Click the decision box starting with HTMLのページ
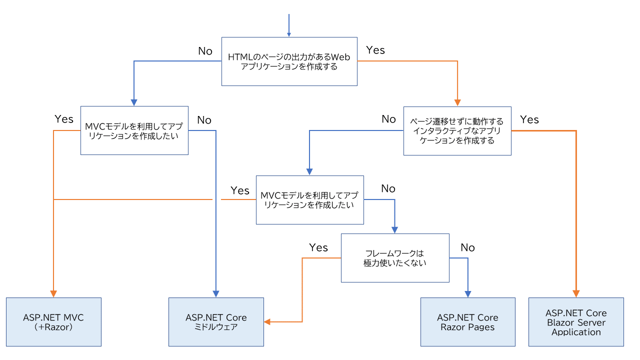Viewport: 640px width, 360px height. tap(289, 61)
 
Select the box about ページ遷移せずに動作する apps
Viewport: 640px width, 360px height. tap(457, 130)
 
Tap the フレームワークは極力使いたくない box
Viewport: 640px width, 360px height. tap(395, 258)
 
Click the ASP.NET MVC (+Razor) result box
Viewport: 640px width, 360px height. tap(53, 322)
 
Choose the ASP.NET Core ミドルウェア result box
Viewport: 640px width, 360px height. tap(216, 322)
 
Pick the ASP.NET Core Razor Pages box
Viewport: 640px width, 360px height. tap(467, 322)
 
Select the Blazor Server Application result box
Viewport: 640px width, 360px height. tap(576, 322)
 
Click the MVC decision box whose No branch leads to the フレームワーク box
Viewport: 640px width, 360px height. tap(309, 199)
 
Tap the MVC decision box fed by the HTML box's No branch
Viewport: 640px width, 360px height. tap(134, 130)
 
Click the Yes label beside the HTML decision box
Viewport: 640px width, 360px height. tap(375, 50)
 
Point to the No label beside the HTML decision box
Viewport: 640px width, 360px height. tap(205, 51)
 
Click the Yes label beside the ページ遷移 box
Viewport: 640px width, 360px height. tap(529, 119)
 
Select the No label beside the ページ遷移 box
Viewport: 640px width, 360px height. tap(388, 119)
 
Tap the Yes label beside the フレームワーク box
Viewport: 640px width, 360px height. tap(318, 247)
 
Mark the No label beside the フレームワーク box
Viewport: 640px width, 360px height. tap(467, 247)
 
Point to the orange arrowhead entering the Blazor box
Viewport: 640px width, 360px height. tap(576, 293)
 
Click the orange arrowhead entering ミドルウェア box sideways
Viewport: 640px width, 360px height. tap(267, 321)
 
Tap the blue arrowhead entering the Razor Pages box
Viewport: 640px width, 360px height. tap(468, 293)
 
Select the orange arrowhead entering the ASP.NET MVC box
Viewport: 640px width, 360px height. tap(53, 293)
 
